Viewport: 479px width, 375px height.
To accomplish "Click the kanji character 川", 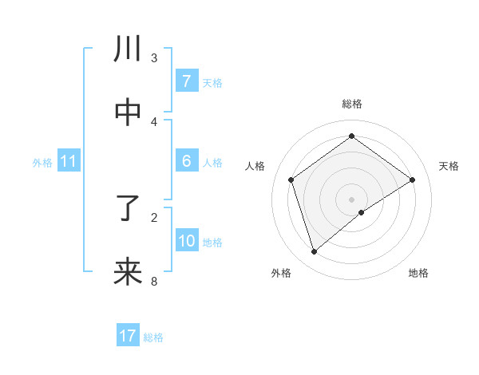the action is click(x=129, y=50).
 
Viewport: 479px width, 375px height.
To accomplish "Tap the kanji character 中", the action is click(x=129, y=112).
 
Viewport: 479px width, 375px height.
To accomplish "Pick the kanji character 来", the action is click(x=129, y=271).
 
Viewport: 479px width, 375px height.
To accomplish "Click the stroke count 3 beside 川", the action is click(x=154, y=58).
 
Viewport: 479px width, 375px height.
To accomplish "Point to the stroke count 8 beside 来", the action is click(x=154, y=281).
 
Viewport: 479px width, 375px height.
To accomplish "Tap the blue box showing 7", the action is click(x=186, y=81).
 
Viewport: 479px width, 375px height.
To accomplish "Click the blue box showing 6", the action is click(x=186, y=161).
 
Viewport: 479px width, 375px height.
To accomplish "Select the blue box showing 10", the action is click(x=186, y=241).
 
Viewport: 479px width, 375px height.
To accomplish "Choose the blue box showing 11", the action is click(x=69, y=161).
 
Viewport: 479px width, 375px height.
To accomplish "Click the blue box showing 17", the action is click(x=128, y=336).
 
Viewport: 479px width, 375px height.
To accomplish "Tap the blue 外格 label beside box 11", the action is click(x=42, y=163).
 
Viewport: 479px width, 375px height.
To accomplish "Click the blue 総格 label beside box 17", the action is click(x=153, y=337).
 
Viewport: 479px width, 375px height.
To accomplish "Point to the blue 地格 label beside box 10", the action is click(x=212, y=243).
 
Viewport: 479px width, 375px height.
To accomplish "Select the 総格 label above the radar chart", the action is click(x=352, y=104).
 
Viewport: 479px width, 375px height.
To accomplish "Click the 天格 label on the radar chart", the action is click(x=449, y=166).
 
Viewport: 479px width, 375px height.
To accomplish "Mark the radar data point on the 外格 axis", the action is click(x=314, y=252).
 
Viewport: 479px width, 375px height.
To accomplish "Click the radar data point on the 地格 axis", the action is click(x=362, y=212).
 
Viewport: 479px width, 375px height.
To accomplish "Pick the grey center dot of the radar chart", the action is click(x=352, y=199).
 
